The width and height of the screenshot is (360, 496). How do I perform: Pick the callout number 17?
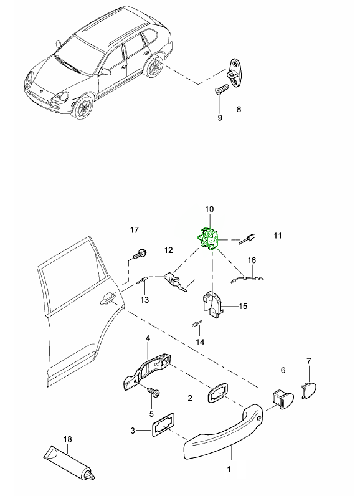(x=135, y=230)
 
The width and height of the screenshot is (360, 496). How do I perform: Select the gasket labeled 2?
(x=217, y=393)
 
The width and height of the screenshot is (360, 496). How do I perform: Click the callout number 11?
(x=278, y=236)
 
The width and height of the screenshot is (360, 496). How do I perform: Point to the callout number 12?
(x=168, y=250)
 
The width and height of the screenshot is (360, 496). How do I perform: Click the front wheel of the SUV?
(x=82, y=108)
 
